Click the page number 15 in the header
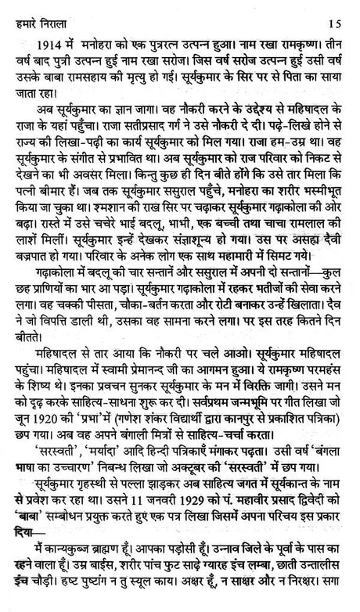pos(337,9)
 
